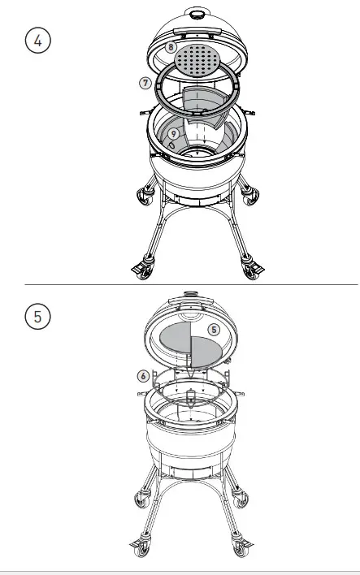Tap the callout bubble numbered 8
pos(171,47)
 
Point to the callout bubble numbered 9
pos(174,133)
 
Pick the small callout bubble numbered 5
pos(214,330)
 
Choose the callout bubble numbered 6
pos(143,376)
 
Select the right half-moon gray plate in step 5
pos(205,350)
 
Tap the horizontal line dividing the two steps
pos(191,285)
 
